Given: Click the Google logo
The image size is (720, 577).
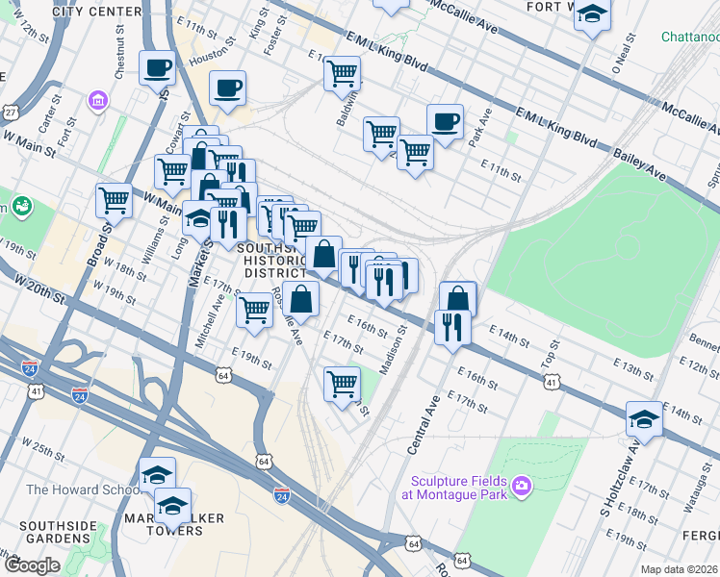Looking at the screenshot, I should point(32,565).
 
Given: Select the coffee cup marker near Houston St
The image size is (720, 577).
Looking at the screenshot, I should point(156,68).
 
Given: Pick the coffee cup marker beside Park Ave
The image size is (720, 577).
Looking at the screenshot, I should point(444,122).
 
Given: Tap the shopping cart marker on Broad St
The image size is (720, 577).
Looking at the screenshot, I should point(114,201).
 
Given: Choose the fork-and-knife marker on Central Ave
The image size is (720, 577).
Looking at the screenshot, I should point(450,329).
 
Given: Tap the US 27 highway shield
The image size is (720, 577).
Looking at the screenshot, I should point(11,113).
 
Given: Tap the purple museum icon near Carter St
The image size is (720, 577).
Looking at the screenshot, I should point(96,100).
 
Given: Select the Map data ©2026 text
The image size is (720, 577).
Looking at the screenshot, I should point(679,569).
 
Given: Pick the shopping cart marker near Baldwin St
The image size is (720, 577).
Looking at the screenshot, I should point(342,72).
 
